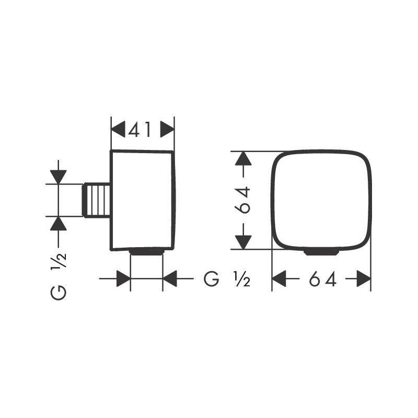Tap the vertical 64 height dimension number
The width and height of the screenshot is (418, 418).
(243, 200)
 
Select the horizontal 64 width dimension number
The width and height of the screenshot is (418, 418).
(323, 279)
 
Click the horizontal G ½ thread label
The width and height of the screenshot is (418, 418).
(227, 279)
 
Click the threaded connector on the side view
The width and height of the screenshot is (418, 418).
(96, 200)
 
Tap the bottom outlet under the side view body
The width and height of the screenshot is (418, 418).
(146, 252)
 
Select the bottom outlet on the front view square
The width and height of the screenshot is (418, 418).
(321, 252)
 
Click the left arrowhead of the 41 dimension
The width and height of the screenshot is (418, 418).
(118, 130)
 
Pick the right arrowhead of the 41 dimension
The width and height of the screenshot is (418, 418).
(167, 130)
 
